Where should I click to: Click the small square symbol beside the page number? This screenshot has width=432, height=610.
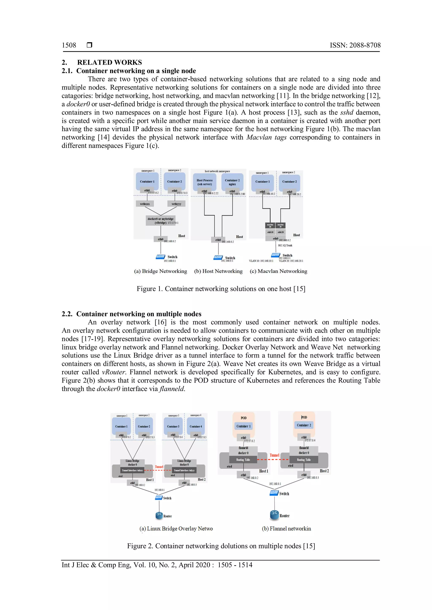[89, 45]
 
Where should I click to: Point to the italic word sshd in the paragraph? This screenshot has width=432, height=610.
[347, 112]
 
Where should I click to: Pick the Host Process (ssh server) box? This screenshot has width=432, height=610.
[205, 182]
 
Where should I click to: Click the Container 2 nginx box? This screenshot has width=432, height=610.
[232, 182]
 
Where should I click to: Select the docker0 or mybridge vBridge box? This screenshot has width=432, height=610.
[161, 221]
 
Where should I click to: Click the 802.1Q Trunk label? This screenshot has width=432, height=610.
[285, 245]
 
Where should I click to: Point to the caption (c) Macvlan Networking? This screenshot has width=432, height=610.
[278, 271]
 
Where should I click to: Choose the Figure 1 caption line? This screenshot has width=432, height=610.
[221, 289]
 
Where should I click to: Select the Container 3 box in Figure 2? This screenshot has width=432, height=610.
[173, 426]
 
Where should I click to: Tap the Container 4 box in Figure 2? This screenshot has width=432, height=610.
[196, 426]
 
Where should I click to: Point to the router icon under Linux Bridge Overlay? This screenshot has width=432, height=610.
[159, 516]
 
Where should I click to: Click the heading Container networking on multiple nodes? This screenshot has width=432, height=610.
[139, 314]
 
